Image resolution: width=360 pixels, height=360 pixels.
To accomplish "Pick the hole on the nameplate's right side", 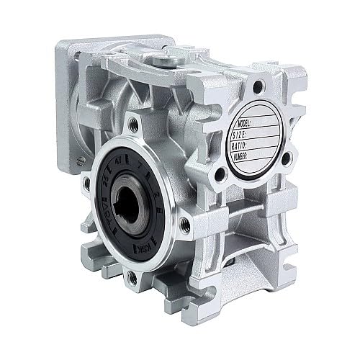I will click(285, 159).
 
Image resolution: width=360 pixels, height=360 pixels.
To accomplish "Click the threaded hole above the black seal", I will click(132, 124).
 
